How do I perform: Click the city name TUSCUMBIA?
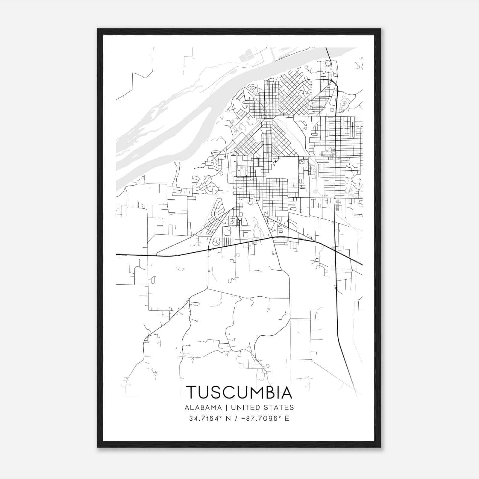click(239, 392)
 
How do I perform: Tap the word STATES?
click(280, 407)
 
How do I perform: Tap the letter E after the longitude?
click(287, 419)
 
